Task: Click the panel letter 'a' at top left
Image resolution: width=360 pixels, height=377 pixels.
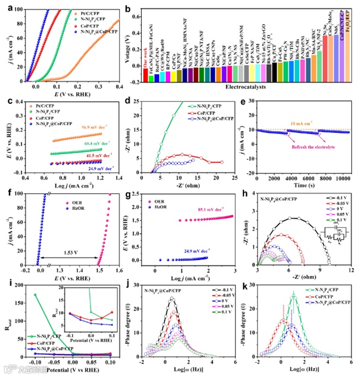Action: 6,6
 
